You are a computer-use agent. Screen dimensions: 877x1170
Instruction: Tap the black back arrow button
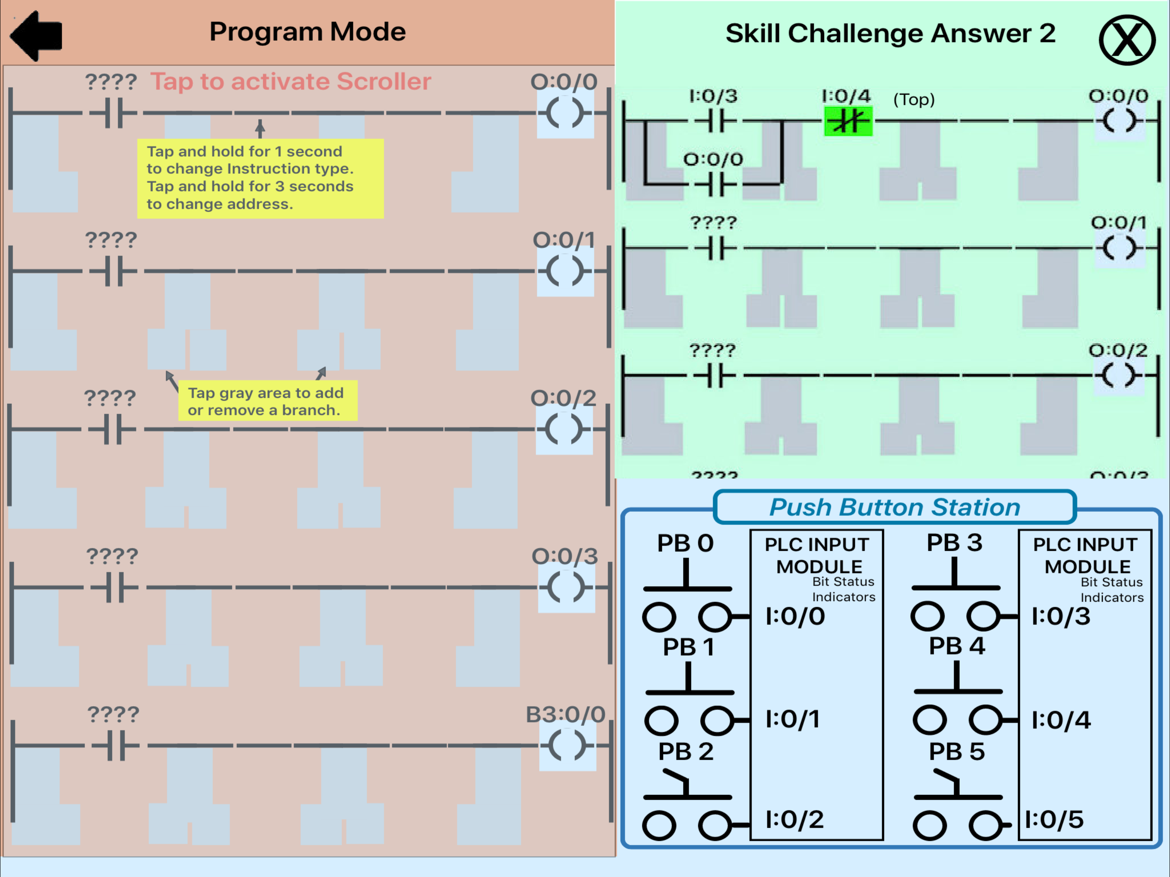(36, 36)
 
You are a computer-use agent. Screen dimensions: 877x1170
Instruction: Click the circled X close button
(1127, 40)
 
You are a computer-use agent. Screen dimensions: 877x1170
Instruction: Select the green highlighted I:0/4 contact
(848, 121)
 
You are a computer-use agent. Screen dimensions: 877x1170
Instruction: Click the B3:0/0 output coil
(567, 745)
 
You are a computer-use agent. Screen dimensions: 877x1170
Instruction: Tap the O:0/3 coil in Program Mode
(566, 587)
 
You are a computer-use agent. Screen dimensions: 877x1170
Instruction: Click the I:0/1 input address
(793, 719)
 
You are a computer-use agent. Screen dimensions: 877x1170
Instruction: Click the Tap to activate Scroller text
(290, 81)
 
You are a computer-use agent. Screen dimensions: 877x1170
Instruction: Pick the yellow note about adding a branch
(268, 401)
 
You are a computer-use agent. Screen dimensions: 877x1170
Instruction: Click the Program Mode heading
(307, 32)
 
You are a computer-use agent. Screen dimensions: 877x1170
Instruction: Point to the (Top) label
(913, 99)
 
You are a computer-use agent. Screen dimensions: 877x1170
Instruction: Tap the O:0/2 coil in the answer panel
(1118, 376)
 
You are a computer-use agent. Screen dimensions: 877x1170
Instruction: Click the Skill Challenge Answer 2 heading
(890, 33)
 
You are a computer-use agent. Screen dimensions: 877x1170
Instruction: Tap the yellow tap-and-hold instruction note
(260, 178)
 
